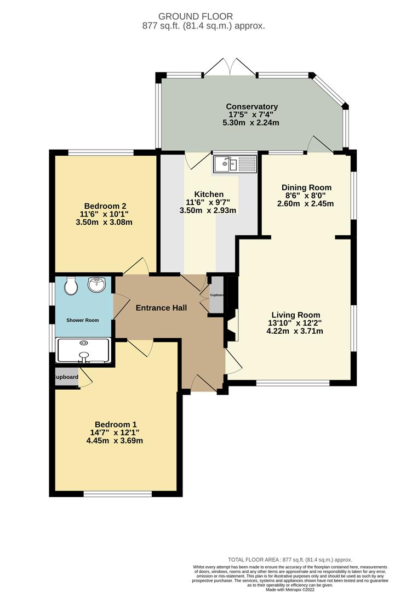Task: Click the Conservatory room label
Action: pyautogui.click(x=252, y=106)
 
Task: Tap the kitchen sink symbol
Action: pyautogui.click(x=235, y=163)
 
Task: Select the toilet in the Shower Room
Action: pyautogui.click(x=70, y=286)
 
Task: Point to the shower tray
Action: pyautogui.click(x=84, y=351)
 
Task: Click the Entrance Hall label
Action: pyautogui.click(x=161, y=308)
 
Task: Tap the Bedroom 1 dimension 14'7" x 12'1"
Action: pyautogui.click(x=116, y=432)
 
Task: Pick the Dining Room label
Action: pyautogui.click(x=306, y=187)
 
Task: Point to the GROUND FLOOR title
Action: pyautogui.click(x=203, y=16)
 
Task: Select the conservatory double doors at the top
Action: pyautogui.click(x=231, y=67)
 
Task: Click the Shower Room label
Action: pyautogui.click(x=83, y=320)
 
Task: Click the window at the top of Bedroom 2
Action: pyautogui.click(x=101, y=152)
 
